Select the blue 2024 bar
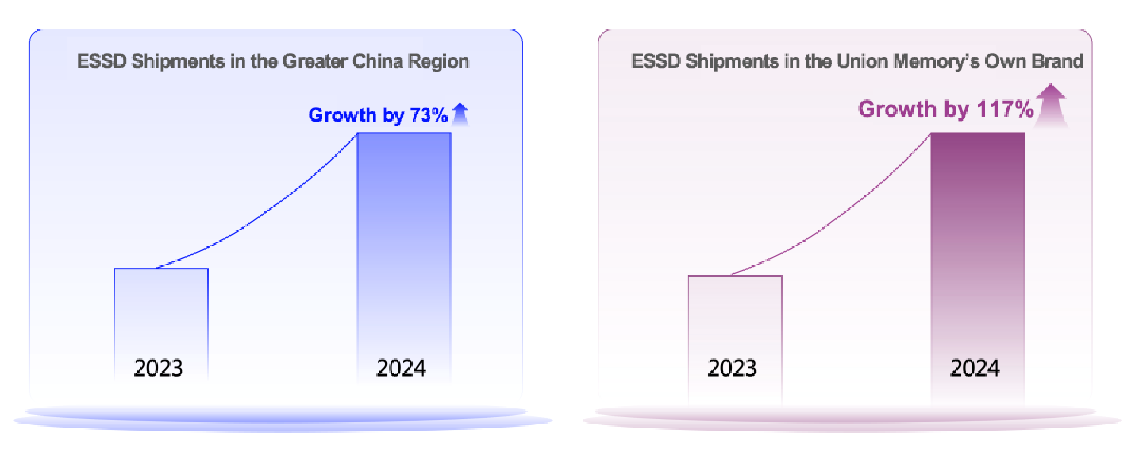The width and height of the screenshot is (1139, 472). pyautogui.click(x=404, y=238)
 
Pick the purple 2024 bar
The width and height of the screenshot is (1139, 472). pyautogui.click(x=977, y=238)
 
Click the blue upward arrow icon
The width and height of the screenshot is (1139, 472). pyautogui.click(x=460, y=115)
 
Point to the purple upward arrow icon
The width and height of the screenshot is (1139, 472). pyautogui.click(x=1052, y=107)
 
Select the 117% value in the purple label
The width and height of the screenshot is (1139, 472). pyautogui.click(x=1004, y=110)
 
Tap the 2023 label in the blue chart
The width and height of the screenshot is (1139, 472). pyautogui.click(x=158, y=369)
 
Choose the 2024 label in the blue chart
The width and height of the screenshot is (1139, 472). pyautogui.click(x=401, y=369)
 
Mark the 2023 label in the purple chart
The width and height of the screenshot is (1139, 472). pyautogui.click(x=732, y=369)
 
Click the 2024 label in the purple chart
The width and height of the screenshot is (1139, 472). pyautogui.click(x=975, y=369)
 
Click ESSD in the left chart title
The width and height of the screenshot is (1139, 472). pyautogui.click(x=97, y=61)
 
